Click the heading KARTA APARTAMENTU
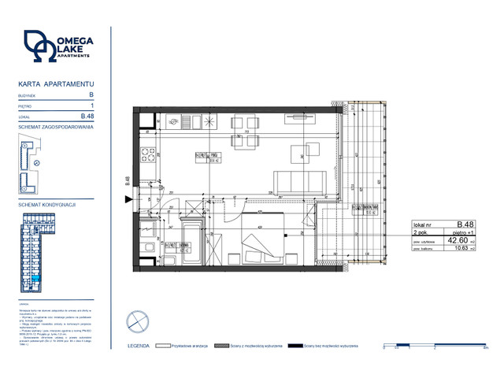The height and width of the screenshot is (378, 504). pyautogui.click(x=56, y=83)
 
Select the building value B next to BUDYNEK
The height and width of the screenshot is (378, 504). pyautogui.click(x=91, y=94)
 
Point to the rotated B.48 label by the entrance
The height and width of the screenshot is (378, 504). pyautogui.click(x=128, y=181)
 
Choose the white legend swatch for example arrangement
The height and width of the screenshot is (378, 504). pyautogui.click(x=165, y=346)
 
